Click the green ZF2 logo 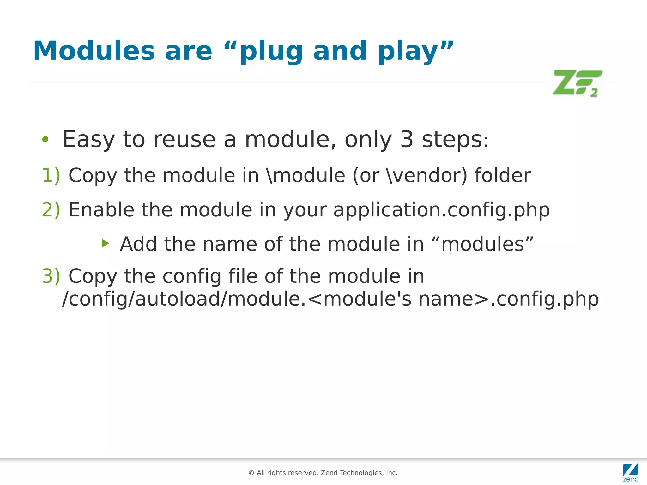[577, 83]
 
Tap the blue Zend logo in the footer [631, 472]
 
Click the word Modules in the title [94, 51]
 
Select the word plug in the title [271, 52]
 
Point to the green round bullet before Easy [45, 139]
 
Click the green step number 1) [51, 175]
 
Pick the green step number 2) [51, 210]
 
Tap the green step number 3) [51, 276]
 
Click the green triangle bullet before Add [106, 243]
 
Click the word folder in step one [502, 175]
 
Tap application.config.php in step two [441, 210]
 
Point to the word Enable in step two [101, 210]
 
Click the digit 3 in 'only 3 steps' [407, 139]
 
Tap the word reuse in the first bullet [184, 140]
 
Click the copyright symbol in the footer [251, 473]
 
